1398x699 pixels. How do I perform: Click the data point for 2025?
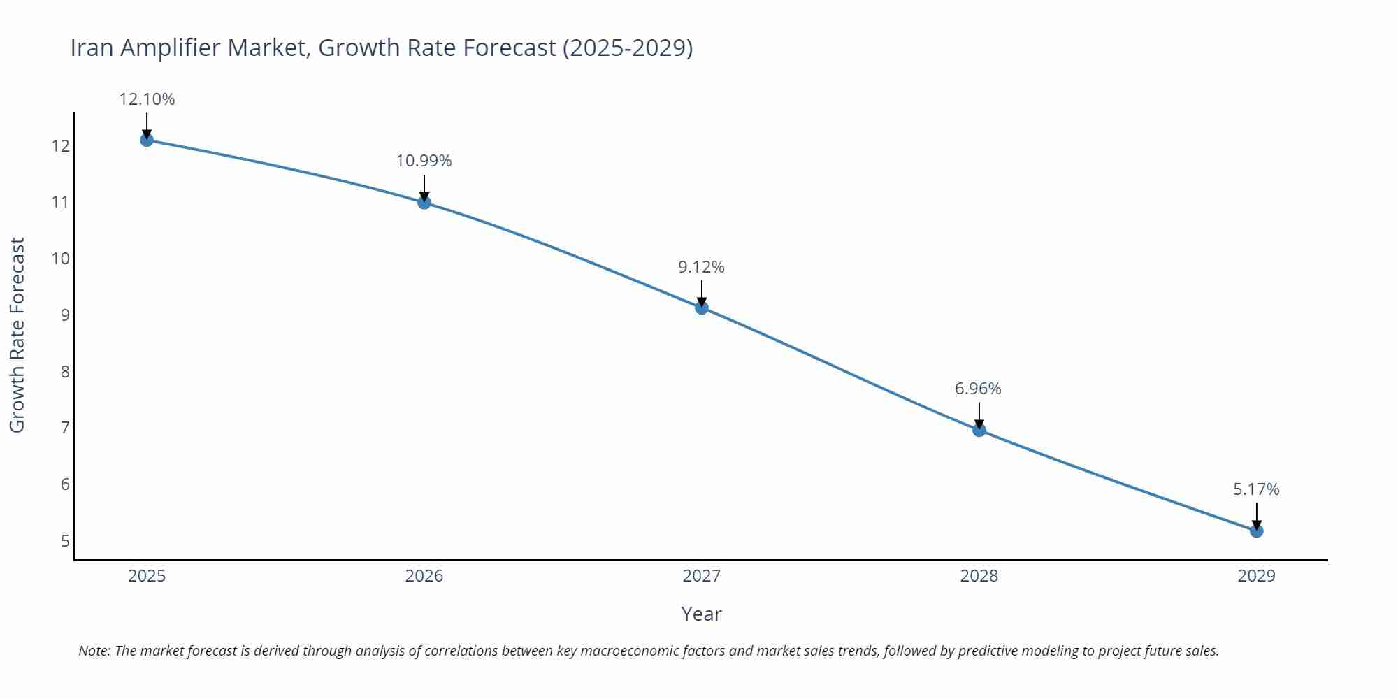click(x=147, y=140)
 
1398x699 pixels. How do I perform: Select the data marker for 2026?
click(x=424, y=203)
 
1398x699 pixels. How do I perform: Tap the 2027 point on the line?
click(x=702, y=308)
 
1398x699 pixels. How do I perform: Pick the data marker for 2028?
click(x=979, y=430)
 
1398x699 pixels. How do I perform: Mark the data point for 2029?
click(x=1257, y=531)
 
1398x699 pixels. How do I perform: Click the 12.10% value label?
click(x=147, y=99)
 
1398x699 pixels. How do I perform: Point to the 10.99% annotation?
click(x=424, y=161)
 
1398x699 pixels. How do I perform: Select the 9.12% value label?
click(x=702, y=267)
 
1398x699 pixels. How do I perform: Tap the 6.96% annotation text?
click(x=979, y=389)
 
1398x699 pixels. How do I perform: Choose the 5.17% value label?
click(x=1256, y=489)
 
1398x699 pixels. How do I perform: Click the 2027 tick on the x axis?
click(x=702, y=576)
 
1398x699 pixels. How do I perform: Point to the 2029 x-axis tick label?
click(x=1257, y=576)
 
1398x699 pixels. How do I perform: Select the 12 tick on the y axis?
click(x=60, y=146)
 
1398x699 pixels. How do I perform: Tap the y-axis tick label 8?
click(x=65, y=371)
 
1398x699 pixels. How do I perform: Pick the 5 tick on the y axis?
click(x=65, y=541)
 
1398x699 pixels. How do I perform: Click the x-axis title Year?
click(x=701, y=614)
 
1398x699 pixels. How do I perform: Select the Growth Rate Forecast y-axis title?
click(x=17, y=335)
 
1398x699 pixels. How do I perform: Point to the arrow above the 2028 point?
click(x=979, y=415)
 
